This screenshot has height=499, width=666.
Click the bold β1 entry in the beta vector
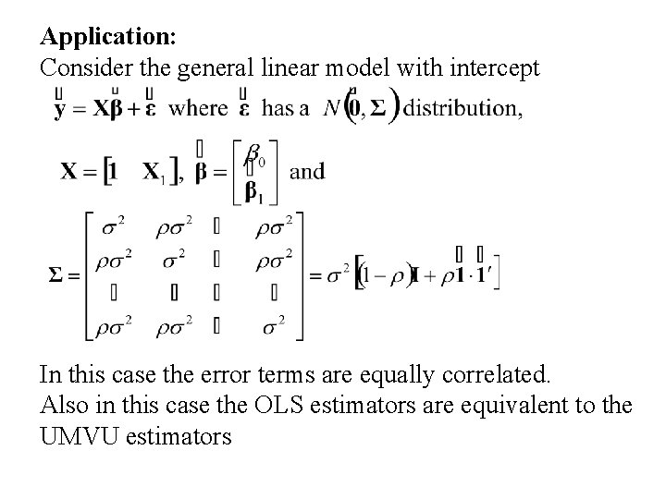click(x=256, y=189)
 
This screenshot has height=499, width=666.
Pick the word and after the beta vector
click(x=306, y=172)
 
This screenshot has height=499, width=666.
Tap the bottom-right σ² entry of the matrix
click(x=275, y=324)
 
